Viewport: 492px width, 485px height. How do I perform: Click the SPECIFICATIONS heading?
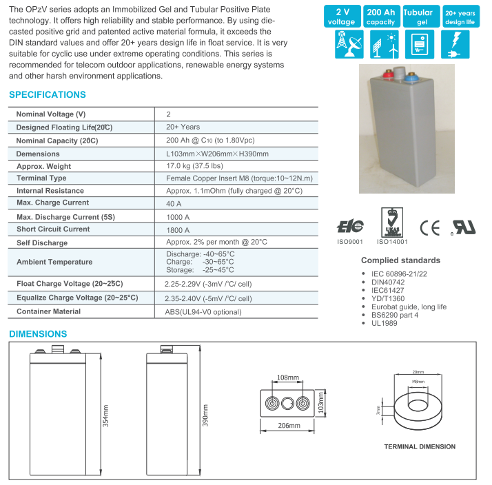point(48,95)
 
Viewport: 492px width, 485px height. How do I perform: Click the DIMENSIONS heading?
point(38,334)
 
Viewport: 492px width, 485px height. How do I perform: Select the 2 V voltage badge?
point(342,17)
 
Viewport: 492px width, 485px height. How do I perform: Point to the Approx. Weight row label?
point(43,166)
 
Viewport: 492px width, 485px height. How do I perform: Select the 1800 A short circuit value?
point(178,229)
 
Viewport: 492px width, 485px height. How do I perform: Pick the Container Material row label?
point(48,311)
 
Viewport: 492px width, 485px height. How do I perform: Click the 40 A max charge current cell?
point(174,204)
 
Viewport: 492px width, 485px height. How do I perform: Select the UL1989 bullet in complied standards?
point(385,323)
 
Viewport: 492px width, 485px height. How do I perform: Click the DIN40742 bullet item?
point(389,282)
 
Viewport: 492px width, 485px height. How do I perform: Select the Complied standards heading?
point(400,260)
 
